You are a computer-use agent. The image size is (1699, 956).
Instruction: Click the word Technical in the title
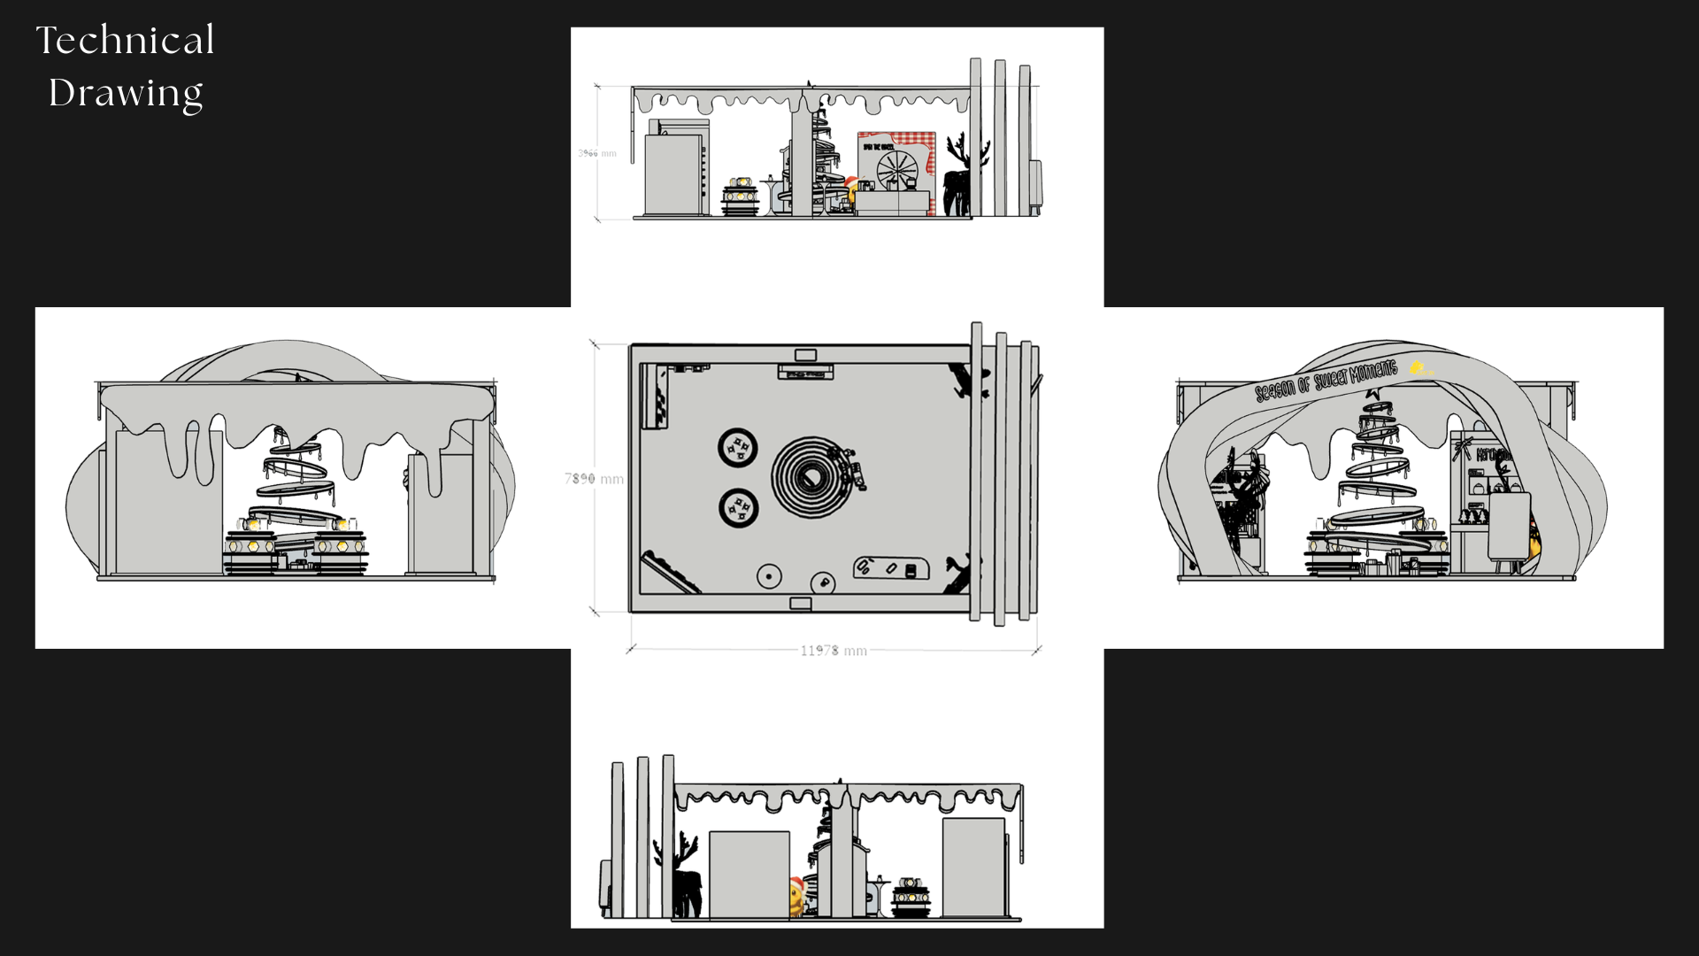click(x=125, y=41)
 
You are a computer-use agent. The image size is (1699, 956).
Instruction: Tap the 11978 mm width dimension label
click(x=833, y=651)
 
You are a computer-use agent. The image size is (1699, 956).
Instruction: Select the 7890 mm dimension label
click(x=594, y=479)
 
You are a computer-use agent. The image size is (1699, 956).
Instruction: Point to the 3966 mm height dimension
click(x=596, y=153)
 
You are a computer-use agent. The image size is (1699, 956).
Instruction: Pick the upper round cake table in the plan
click(x=737, y=447)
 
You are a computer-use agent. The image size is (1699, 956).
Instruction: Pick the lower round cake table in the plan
click(x=738, y=508)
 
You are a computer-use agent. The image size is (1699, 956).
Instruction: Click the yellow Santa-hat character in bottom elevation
click(x=797, y=896)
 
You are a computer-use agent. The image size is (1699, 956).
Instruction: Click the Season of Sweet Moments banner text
click(x=1325, y=380)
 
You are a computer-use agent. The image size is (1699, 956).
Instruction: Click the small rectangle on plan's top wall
click(x=805, y=355)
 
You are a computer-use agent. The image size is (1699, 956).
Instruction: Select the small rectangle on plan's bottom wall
click(x=800, y=604)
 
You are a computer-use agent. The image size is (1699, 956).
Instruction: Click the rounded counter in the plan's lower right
click(x=891, y=567)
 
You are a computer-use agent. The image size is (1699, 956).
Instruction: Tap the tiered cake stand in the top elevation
click(x=740, y=197)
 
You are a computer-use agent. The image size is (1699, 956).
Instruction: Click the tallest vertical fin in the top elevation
click(x=975, y=137)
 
